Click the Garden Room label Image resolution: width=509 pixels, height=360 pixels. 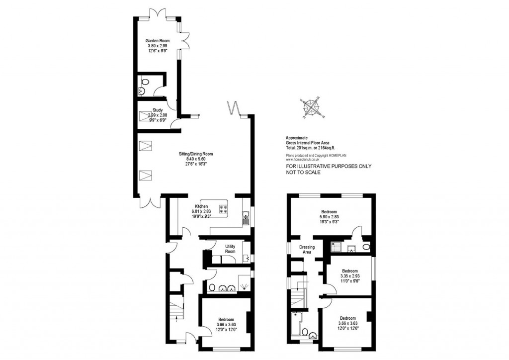[155, 41]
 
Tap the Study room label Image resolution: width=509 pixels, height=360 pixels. [158, 110]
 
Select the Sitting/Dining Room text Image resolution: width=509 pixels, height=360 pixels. [195, 154]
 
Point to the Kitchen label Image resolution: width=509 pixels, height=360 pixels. [201, 206]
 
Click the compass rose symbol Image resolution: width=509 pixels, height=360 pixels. [311, 107]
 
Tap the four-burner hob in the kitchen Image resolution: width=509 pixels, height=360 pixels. [223, 209]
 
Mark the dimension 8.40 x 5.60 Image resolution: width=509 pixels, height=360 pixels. [195, 159]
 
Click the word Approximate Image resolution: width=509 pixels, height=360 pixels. [297, 138]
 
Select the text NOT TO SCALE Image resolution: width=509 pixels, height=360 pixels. [303, 173]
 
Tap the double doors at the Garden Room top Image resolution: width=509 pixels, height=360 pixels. [159, 12]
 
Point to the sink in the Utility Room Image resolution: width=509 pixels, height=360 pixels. [246, 258]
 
